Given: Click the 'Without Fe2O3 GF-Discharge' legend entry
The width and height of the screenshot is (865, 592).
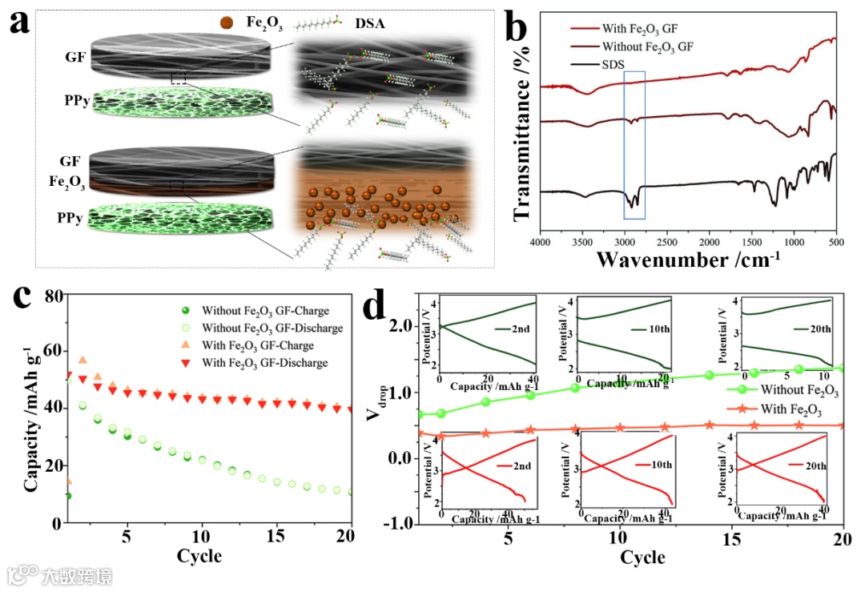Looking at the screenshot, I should [x=272, y=328].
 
